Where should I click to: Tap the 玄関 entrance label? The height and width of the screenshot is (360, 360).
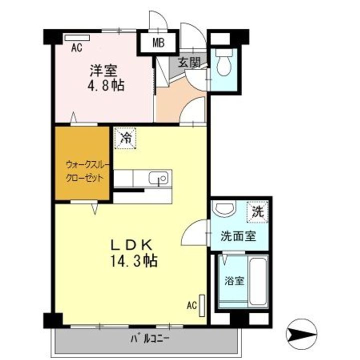(189, 63)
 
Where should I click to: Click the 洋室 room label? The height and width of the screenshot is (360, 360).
(103, 69)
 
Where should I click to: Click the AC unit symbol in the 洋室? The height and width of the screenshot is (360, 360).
(77, 37)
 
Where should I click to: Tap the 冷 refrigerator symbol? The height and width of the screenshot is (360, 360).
(125, 138)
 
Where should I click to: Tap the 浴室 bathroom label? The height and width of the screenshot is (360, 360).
(234, 280)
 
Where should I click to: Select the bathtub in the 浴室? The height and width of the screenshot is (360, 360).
(258, 282)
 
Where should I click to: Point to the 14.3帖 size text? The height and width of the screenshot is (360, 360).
(132, 260)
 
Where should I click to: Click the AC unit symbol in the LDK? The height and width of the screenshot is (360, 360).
(201, 305)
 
